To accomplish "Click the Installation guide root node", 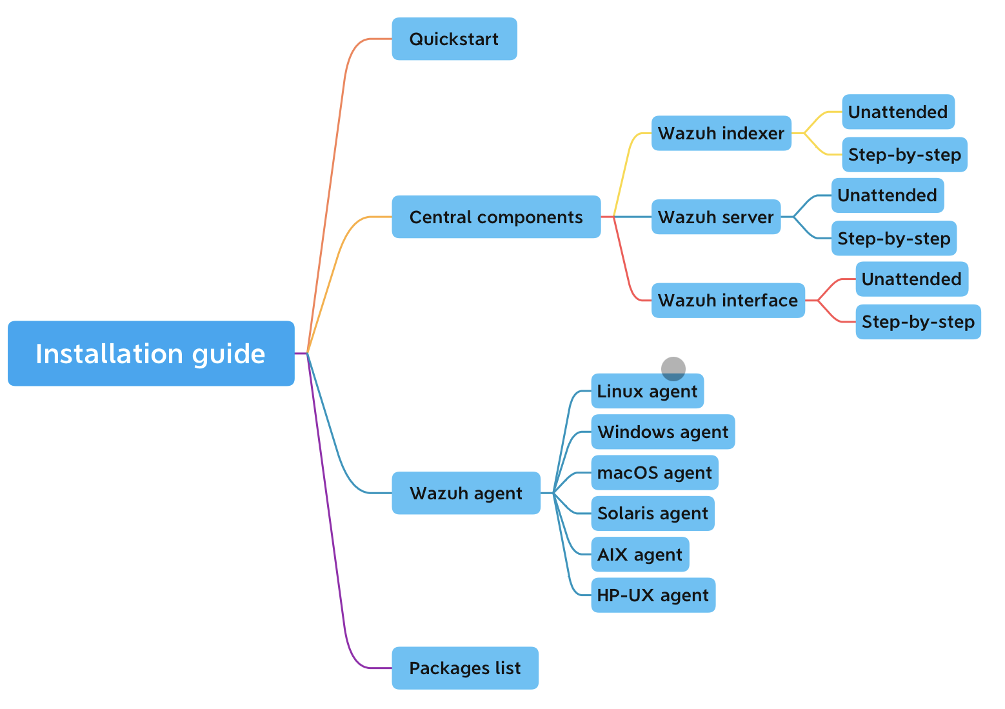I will (x=151, y=354).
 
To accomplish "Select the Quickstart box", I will (x=454, y=39).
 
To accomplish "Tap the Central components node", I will (x=496, y=217).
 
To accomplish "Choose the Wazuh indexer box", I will (x=721, y=134).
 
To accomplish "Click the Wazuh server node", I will (x=715, y=217).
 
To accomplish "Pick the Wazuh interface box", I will (x=728, y=300).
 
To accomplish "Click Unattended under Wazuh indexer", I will (x=898, y=112).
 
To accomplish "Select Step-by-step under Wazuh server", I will (x=893, y=239).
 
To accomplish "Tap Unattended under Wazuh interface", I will (x=911, y=279).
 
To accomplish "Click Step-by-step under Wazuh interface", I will (x=918, y=322).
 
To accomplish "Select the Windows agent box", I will (x=662, y=432).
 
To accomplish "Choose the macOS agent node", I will (x=654, y=473).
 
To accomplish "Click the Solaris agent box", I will (x=652, y=514).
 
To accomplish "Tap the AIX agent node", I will (x=640, y=554).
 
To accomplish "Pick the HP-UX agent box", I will (x=653, y=595).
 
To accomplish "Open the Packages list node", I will (x=464, y=668).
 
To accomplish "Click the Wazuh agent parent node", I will (x=466, y=493).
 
